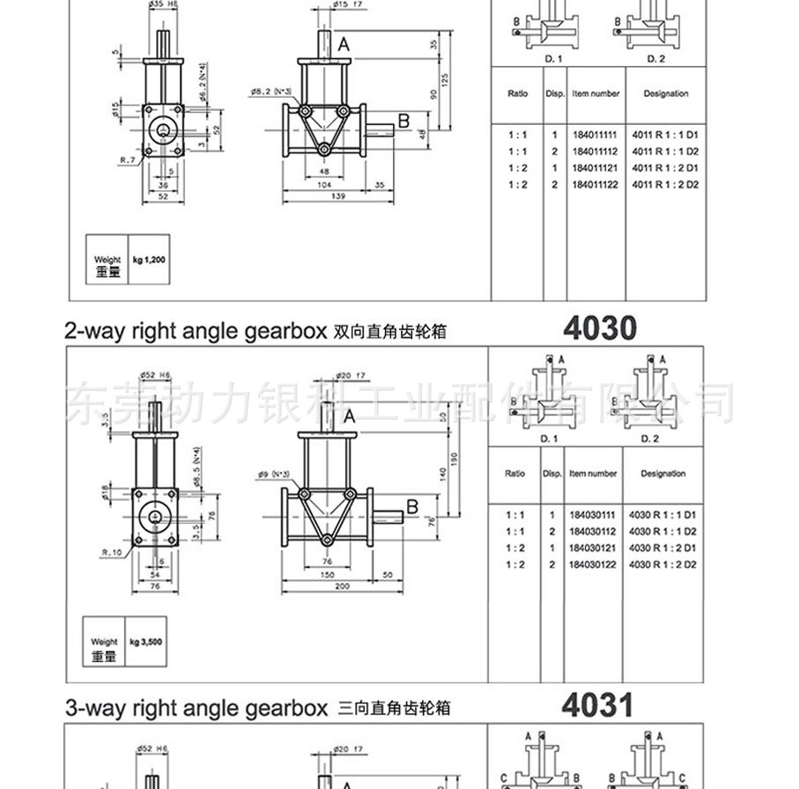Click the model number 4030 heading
(x=599, y=328)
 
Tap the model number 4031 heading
(x=598, y=705)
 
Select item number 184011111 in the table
(x=595, y=136)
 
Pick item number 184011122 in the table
(x=595, y=184)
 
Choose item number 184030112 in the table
(x=593, y=532)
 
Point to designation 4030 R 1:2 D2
(x=663, y=564)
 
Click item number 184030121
(x=593, y=548)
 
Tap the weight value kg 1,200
(x=149, y=261)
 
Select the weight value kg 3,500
(x=147, y=642)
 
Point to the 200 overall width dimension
(x=343, y=586)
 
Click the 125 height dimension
(x=445, y=80)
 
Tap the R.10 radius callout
(x=112, y=552)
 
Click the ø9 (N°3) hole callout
(x=275, y=475)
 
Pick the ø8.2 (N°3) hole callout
(x=270, y=91)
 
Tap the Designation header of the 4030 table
(x=663, y=474)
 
